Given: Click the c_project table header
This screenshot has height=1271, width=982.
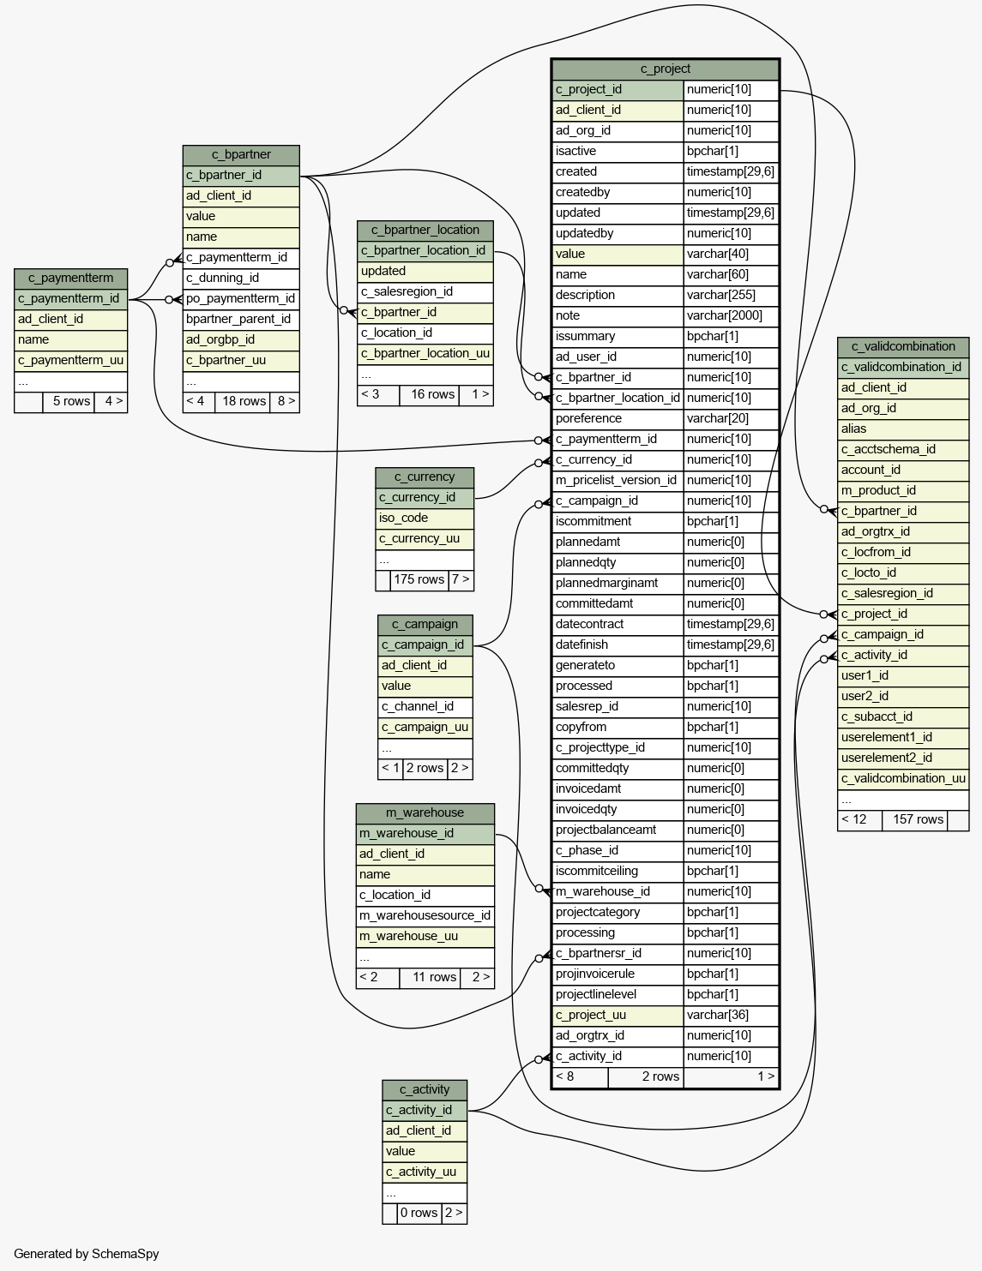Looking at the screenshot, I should (x=665, y=69).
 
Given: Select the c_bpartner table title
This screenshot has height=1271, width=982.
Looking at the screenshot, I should (x=241, y=155).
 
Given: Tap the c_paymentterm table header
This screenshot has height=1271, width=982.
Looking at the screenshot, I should (x=70, y=279).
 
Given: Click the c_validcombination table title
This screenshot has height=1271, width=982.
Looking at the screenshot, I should (x=903, y=347).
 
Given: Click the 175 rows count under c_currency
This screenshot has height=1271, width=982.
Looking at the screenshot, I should (x=419, y=580).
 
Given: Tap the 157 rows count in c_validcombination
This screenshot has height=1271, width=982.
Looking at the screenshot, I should (x=918, y=820).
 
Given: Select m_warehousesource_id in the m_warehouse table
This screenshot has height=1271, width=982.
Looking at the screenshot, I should (x=425, y=916).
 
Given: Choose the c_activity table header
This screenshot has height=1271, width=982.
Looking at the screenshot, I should (x=425, y=1090).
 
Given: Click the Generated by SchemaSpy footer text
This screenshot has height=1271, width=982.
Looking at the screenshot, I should (x=87, y=1254).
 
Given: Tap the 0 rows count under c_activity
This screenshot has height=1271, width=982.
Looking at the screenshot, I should (x=419, y=1214).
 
